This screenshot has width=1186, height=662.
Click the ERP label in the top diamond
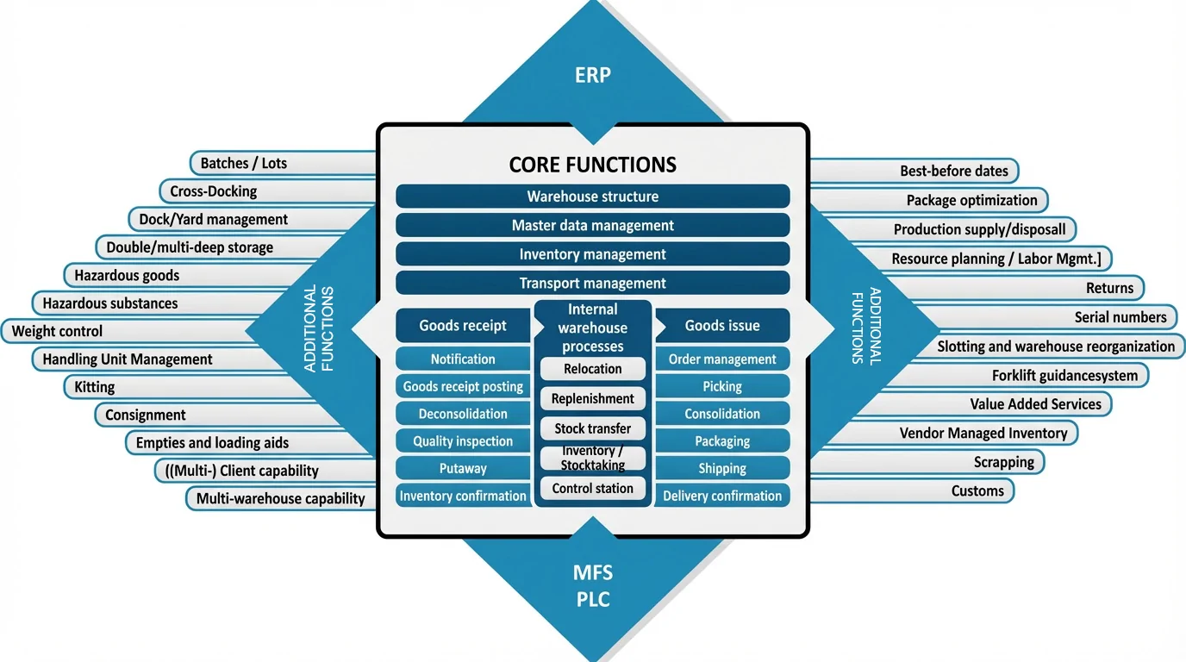pos(592,75)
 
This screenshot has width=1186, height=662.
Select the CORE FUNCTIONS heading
pos(592,165)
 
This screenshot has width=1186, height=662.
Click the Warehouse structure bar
pos(592,197)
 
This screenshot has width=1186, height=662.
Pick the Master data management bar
pos(592,225)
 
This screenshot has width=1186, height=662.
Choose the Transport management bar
pos(592,283)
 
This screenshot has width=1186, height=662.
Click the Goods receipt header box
pos(463,326)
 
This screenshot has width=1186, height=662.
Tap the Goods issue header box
pos(722,326)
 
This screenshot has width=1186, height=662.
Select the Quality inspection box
pos(463,441)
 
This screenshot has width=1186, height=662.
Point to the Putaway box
pos(463,469)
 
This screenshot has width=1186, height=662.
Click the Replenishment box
pos(592,399)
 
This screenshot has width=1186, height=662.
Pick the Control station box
pos(592,489)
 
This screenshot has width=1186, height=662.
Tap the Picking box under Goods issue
pos(722,386)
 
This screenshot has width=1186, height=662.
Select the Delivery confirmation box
pos(722,496)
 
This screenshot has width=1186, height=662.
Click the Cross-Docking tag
pos(214,191)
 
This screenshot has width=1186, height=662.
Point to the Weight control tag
pos(57,331)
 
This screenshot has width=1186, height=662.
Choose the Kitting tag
pos(95,387)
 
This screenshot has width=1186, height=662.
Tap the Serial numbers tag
pos(1120,317)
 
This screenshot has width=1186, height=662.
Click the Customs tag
pos(977,491)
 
